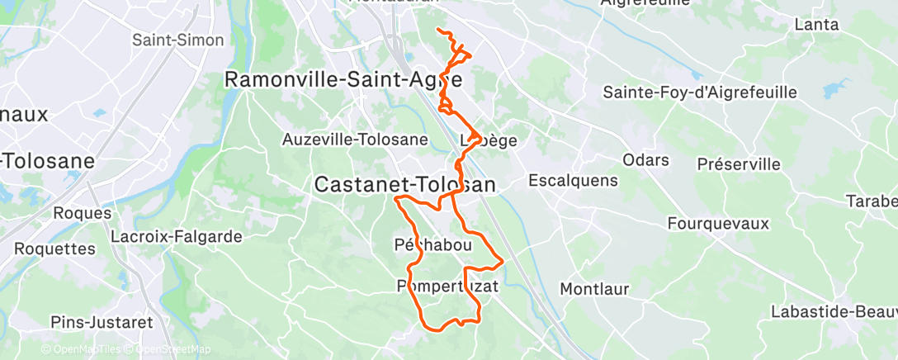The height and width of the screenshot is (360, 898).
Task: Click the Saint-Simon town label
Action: pos(178,40)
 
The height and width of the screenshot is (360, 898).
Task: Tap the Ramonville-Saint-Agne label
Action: pos(343,80)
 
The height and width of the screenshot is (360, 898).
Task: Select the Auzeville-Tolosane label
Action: pos(355,140)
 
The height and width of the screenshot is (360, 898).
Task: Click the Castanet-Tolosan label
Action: pos(405,186)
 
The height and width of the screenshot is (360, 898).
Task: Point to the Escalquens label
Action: pos(572,179)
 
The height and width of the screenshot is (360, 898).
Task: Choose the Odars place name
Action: pos(646,160)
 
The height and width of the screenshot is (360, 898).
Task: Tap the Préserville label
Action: pos(739,164)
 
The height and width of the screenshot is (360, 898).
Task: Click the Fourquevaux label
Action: pos(718,224)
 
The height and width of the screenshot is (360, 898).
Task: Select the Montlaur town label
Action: pos(594,289)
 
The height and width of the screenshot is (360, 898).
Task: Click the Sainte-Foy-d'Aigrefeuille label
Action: pos(700,92)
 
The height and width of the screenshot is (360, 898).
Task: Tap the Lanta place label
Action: pos(816,25)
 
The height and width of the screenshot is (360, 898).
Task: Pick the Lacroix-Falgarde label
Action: pos(181,237)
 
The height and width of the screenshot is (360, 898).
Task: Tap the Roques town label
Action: pos(82,213)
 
